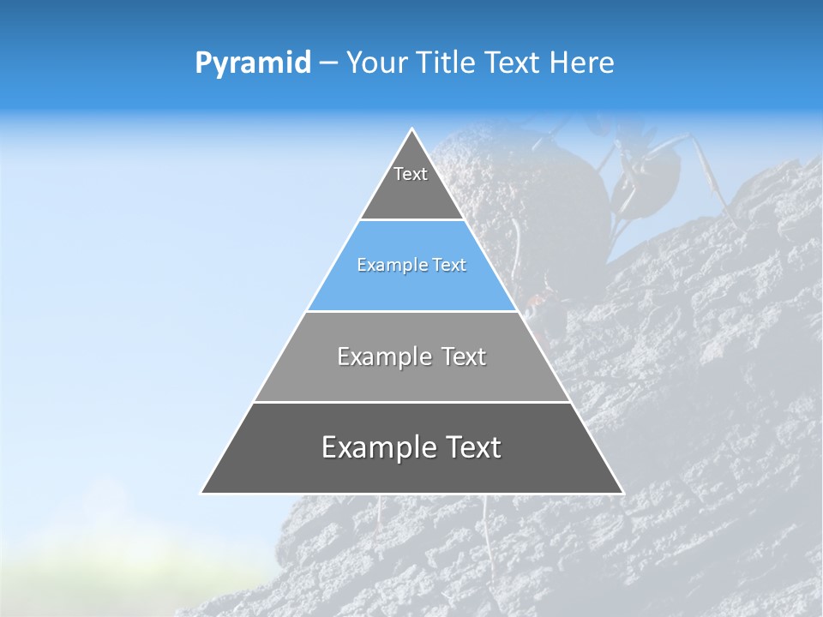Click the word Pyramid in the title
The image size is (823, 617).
(252, 63)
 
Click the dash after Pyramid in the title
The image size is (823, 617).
(328, 63)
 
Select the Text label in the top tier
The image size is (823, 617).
(411, 174)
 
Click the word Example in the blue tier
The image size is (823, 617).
(387, 266)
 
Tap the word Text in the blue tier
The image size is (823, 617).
(449, 266)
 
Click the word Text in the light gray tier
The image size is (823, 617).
(465, 356)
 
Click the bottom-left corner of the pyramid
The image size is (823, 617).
(202, 493)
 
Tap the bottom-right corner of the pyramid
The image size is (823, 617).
(622, 493)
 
